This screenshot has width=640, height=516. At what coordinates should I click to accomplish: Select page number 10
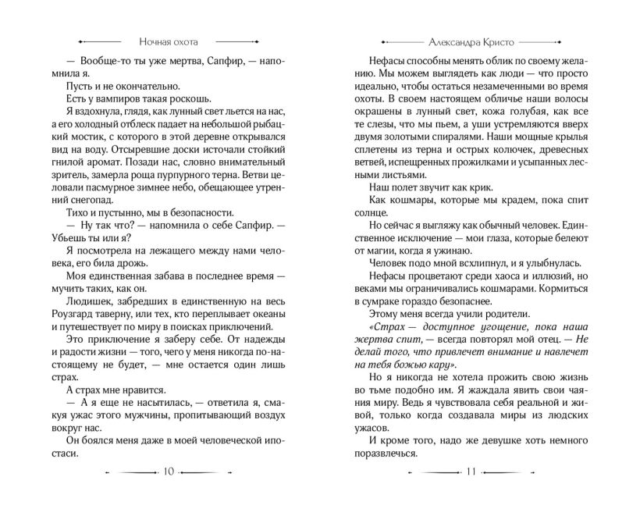pos(171,471)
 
